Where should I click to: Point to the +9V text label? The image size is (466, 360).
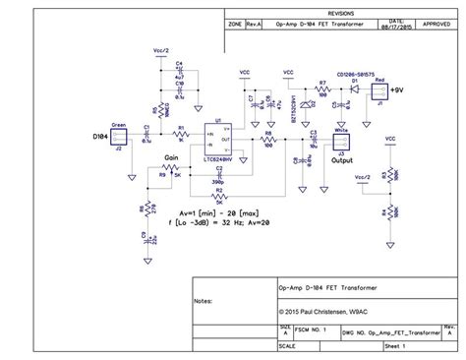[x=396, y=91]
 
